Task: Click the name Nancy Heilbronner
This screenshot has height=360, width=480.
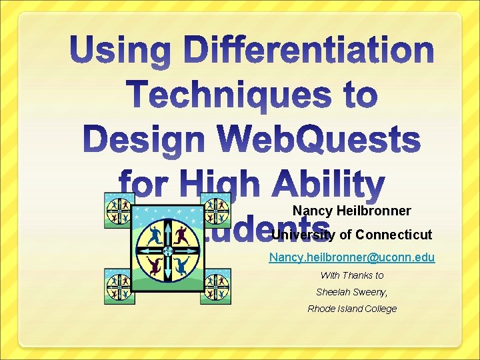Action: [x=351, y=211]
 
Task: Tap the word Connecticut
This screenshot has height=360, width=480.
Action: [x=394, y=235]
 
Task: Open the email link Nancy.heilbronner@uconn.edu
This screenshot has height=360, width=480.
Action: [x=352, y=257]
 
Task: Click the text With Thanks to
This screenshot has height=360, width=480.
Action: [x=352, y=275]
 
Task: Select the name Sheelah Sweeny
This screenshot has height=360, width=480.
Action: [x=351, y=292]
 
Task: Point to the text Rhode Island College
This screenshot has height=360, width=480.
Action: [x=352, y=309]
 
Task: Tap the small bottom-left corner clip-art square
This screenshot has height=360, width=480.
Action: [x=119, y=286]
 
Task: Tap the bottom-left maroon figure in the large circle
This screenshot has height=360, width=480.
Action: [x=155, y=267]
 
